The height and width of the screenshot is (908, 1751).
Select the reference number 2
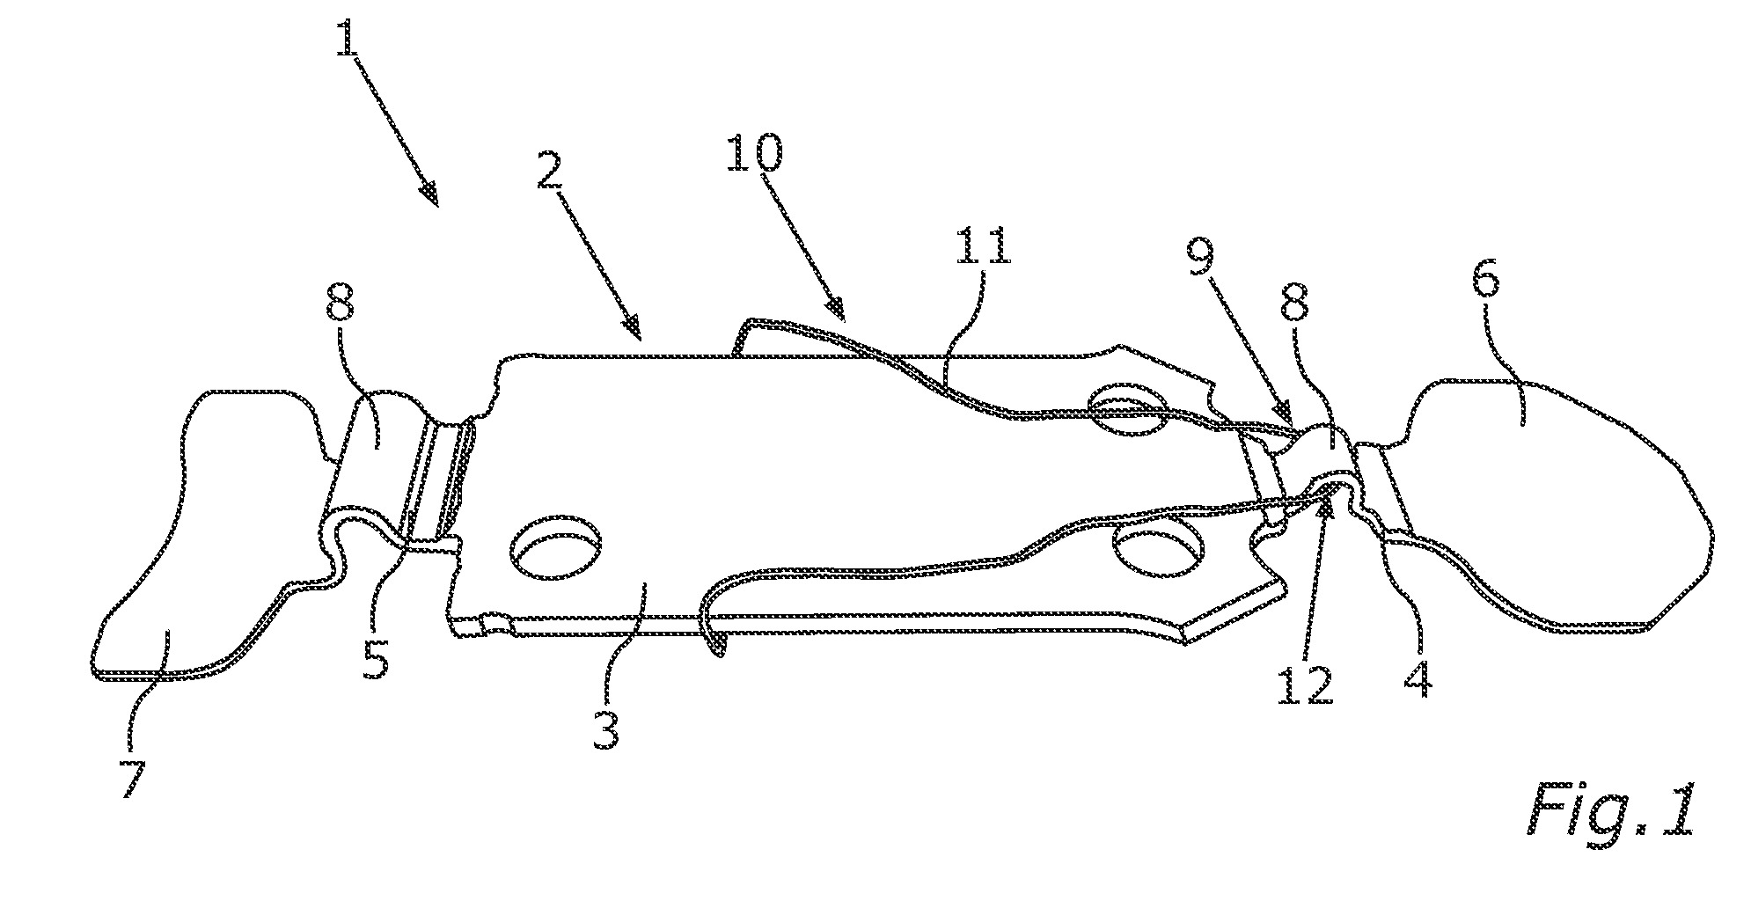tap(550, 165)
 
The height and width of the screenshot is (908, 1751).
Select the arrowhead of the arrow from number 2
tap(634, 331)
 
